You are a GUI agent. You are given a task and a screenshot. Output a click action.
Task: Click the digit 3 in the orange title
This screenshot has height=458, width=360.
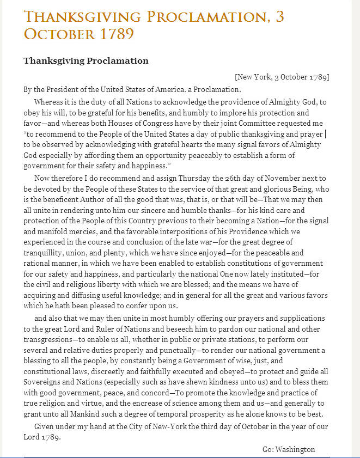click(x=279, y=17)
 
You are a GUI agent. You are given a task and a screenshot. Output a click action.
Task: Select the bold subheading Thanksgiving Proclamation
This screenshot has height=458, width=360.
click(x=86, y=60)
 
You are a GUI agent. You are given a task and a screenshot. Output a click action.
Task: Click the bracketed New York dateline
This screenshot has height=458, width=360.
click(x=282, y=77)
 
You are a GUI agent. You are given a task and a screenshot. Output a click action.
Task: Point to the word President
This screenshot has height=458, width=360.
click(x=60, y=89)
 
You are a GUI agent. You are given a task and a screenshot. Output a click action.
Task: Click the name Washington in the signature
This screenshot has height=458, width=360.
click(x=296, y=449)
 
